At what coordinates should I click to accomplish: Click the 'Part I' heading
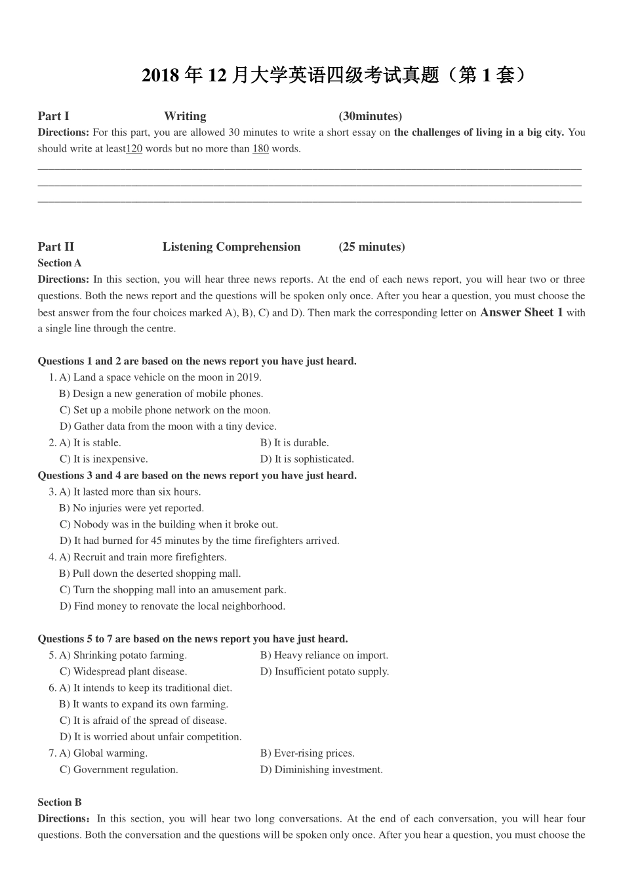53,116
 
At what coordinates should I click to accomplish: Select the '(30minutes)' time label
371,116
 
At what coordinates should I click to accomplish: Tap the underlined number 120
134,148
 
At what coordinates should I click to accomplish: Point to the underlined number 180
260,148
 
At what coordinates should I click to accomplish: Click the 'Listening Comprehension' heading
231,247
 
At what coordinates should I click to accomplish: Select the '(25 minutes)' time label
372,247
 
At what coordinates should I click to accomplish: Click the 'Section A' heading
60,263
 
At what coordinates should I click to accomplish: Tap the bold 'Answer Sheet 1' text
521,312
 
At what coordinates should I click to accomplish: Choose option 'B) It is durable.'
294,443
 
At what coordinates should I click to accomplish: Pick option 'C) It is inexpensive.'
104,459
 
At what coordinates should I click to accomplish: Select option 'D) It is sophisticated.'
307,459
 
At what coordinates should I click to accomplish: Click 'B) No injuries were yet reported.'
132,508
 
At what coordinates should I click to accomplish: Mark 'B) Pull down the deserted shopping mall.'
150,574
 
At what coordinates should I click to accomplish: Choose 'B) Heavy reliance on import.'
324,655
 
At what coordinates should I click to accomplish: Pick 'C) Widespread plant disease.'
123,671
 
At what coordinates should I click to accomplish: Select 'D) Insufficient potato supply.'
325,671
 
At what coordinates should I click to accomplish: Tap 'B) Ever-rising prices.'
308,753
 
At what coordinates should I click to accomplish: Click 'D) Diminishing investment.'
321,770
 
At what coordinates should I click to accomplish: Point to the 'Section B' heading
60,802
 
